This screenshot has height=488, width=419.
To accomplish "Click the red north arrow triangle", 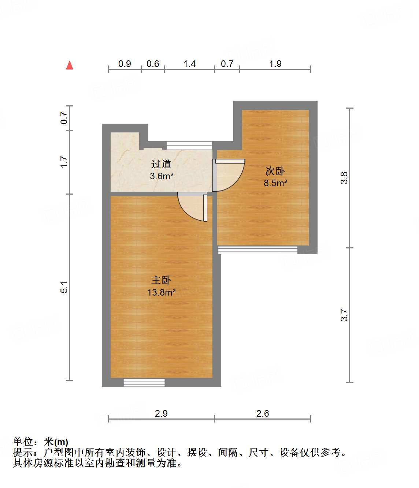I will click(70, 65).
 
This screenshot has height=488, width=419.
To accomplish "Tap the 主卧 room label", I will click(161, 280).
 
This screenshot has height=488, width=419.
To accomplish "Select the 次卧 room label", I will click(275, 171).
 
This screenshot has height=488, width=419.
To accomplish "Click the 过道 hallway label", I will click(161, 164).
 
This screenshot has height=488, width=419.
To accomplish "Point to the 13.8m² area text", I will click(161, 292).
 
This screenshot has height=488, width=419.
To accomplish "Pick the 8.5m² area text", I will click(275, 183).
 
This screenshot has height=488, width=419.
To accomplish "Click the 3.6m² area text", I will click(161, 176).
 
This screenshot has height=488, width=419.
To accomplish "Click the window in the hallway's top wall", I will click(189, 145).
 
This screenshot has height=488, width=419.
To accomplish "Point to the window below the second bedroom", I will click(257, 250).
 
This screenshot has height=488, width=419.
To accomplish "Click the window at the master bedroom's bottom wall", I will click(144, 382).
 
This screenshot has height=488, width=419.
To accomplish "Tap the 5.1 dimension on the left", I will click(64, 287).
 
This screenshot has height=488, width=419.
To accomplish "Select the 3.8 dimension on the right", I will click(344, 178).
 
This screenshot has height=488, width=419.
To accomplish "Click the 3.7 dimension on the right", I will click(344, 315).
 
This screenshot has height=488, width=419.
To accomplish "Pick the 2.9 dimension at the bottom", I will click(161, 413).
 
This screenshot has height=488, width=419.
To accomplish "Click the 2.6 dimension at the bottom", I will click(263, 413).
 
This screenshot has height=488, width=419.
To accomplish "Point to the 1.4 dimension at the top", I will click(189, 64).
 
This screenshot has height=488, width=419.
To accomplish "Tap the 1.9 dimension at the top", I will click(275, 64).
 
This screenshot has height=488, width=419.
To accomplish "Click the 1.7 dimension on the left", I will click(64, 162).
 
